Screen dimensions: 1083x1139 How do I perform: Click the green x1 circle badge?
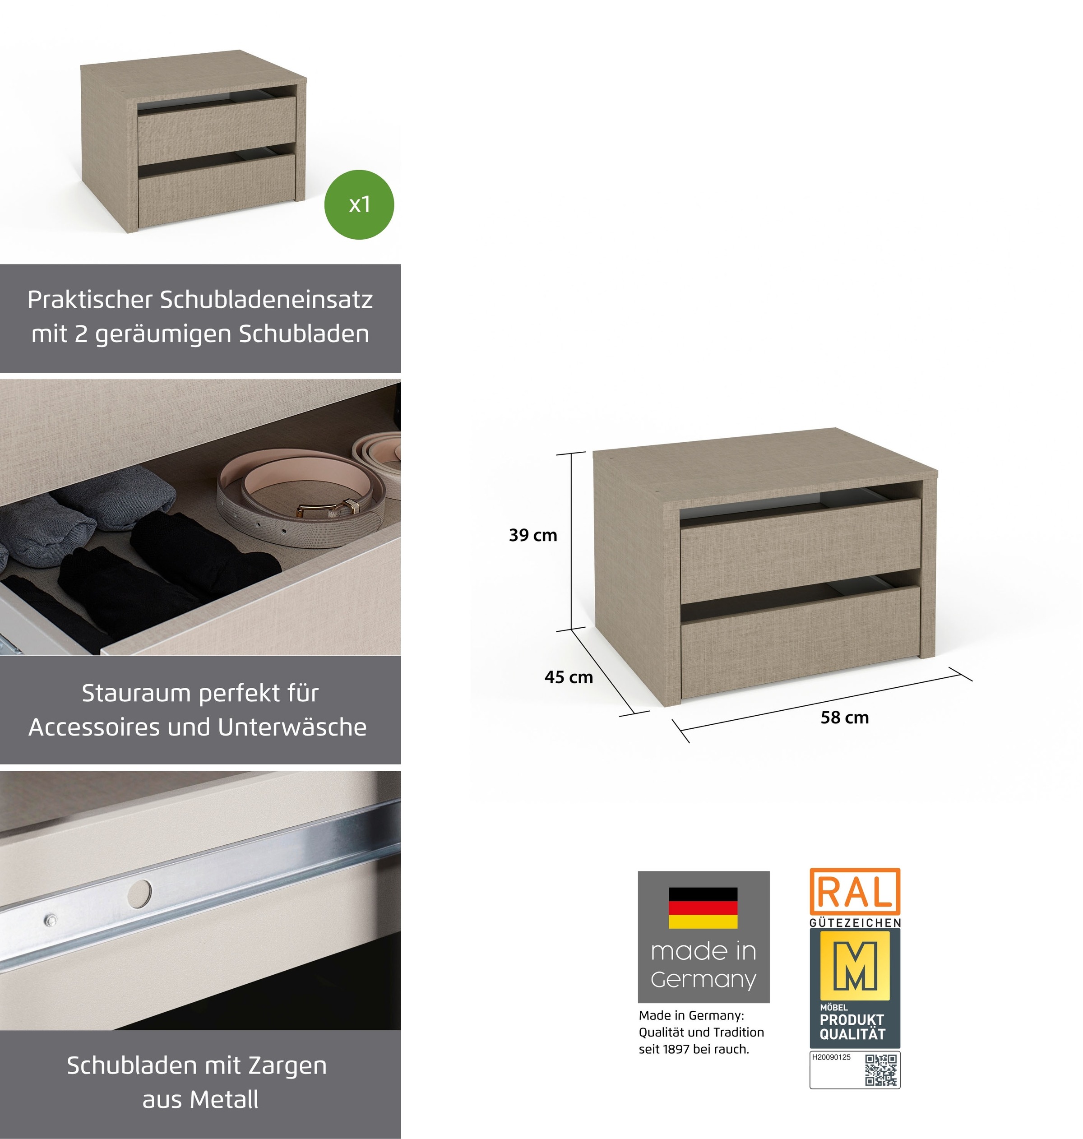tap(359, 204)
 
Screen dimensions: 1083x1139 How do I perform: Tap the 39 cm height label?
tap(533, 535)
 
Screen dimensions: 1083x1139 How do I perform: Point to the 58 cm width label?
tap(845, 717)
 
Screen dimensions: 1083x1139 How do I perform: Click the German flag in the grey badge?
tap(703, 908)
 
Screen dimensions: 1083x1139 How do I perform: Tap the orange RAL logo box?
tap(855, 892)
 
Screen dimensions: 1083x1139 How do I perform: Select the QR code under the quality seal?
tap(881, 1070)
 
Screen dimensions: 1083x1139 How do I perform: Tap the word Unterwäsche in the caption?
tap(293, 727)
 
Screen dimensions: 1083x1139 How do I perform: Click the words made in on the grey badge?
tap(703, 951)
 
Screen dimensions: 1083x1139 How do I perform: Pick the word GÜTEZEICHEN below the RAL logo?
tap(855, 922)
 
